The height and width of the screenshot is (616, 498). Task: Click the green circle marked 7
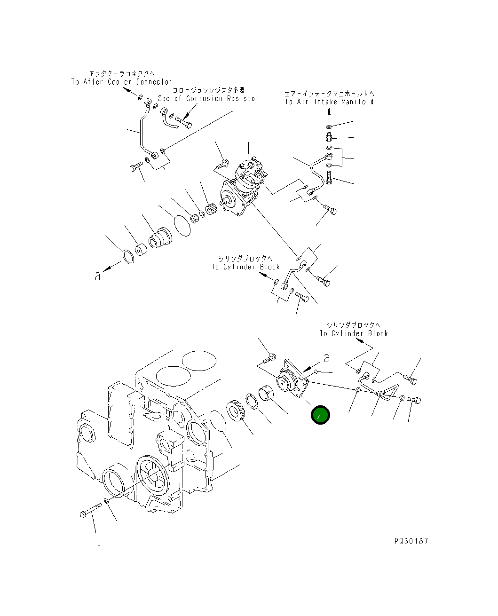click(x=320, y=415)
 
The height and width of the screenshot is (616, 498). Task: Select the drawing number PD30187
click(x=411, y=541)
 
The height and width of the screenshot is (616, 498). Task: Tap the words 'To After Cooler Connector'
click(x=121, y=82)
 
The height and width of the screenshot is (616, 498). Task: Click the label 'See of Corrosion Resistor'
click(x=208, y=98)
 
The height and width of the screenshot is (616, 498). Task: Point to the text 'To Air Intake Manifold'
click(x=329, y=102)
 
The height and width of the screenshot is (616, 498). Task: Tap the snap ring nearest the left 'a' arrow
click(x=127, y=257)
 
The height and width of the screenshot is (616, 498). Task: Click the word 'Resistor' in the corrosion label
click(x=243, y=98)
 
